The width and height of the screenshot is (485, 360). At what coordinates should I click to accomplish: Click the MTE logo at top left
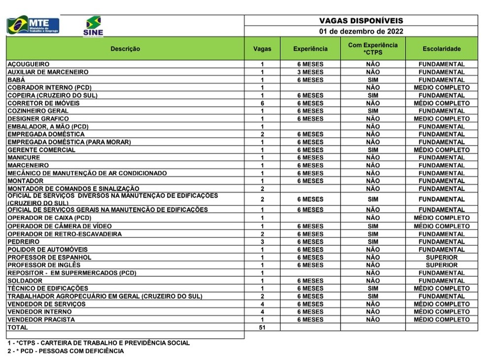click(33, 25)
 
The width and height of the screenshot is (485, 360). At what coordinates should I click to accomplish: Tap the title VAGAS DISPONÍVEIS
click(361, 21)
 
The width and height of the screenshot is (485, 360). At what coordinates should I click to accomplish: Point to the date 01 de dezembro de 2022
click(361, 31)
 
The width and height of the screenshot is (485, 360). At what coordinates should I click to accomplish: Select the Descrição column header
click(125, 49)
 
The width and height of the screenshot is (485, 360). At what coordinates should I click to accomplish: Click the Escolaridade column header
click(441, 49)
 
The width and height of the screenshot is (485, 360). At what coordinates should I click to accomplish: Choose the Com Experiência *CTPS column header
click(373, 49)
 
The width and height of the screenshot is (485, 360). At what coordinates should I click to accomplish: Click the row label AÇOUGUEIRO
click(29, 64)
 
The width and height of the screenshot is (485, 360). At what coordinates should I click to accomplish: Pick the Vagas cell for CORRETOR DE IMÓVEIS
click(262, 103)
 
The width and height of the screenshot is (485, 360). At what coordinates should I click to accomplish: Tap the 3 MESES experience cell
click(310, 72)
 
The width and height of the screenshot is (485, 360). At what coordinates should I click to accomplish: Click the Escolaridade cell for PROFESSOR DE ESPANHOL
click(441, 258)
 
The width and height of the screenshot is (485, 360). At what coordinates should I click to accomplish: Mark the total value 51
click(262, 327)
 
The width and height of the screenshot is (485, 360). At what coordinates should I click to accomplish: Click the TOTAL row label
click(18, 327)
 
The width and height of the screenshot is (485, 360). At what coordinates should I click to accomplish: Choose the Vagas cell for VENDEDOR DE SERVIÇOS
click(262, 304)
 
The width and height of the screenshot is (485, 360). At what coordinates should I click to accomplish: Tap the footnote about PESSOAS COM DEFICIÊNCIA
click(66, 351)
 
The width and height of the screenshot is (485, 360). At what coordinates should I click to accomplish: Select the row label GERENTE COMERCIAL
click(41, 150)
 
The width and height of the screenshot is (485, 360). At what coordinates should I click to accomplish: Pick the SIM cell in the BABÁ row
click(373, 80)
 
